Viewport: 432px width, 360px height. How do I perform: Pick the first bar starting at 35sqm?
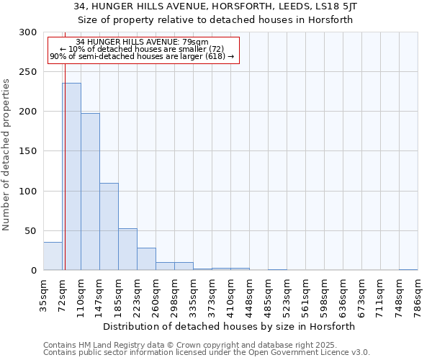[53, 256]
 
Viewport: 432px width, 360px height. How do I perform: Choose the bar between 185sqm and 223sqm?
[127, 249]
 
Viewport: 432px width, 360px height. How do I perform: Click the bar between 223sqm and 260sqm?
[146, 259]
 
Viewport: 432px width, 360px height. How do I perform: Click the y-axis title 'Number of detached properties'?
[6, 155]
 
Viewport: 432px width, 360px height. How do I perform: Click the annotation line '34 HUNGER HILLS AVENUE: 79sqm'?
[142, 42]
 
